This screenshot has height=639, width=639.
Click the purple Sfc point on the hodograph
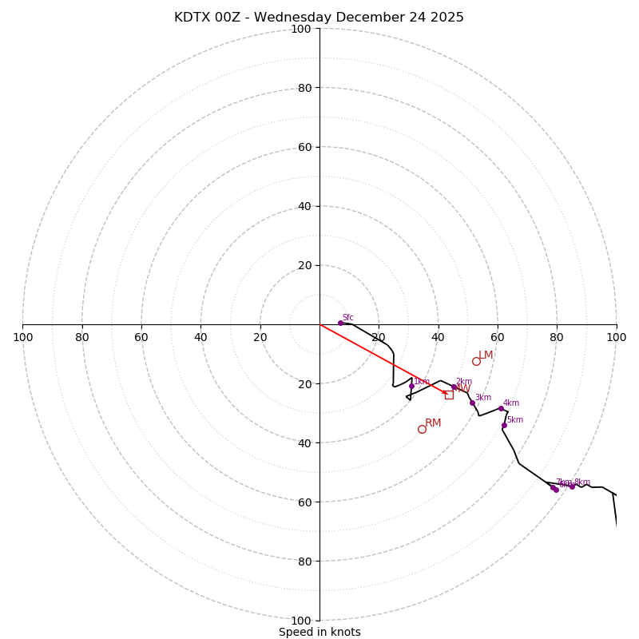(x=340, y=323)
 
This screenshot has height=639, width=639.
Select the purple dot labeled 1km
(x=411, y=386)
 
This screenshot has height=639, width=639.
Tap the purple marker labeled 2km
(x=454, y=387)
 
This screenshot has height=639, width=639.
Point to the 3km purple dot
(x=472, y=403)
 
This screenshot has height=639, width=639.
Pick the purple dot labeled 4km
(x=501, y=408)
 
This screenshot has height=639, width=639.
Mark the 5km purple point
(x=504, y=425)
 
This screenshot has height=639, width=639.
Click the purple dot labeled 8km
(x=572, y=486)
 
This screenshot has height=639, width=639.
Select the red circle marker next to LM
(x=476, y=361)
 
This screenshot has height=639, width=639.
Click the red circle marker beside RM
(x=422, y=429)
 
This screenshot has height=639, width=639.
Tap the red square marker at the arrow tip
(x=449, y=395)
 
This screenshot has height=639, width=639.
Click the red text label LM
(x=486, y=355)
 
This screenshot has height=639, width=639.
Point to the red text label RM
(x=433, y=423)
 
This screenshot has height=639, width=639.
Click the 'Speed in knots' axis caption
(x=319, y=632)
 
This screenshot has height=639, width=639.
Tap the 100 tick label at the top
(x=301, y=29)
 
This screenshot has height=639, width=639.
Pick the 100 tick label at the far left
(x=22, y=337)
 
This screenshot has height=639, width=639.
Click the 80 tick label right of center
(x=557, y=337)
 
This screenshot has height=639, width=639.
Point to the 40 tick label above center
(x=304, y=206)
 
